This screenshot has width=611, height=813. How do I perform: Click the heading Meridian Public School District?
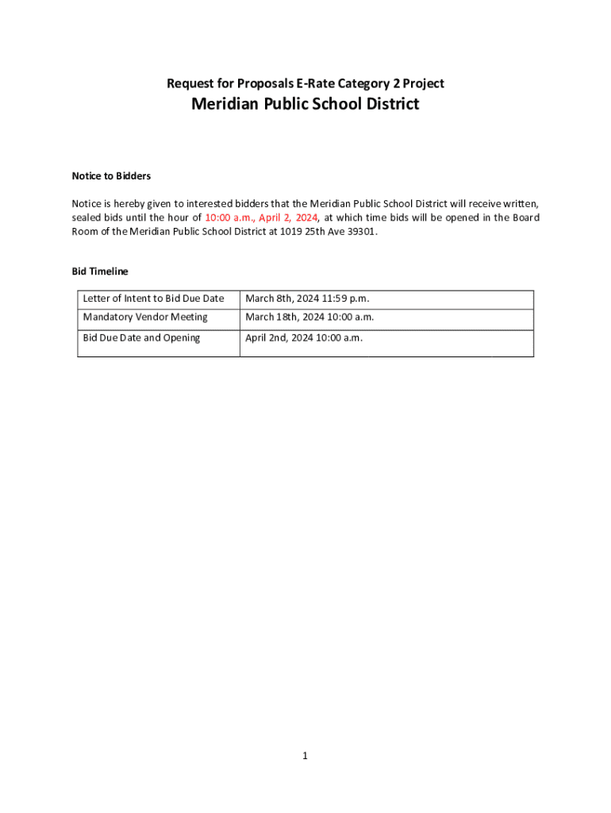[305, 104]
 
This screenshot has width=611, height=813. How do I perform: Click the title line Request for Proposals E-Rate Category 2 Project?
[305, 83]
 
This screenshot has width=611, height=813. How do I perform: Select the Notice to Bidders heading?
[111, 175]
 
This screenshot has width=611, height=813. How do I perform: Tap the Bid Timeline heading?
[100, 272]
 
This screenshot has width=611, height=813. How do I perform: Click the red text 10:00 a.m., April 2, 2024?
[261, 218]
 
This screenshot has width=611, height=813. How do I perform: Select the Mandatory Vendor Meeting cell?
[145, 317]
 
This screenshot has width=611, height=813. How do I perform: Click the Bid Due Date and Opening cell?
[141, 337]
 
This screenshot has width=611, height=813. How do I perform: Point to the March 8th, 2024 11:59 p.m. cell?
[307, 299]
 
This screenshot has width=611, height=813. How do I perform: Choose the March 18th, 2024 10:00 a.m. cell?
[309, 317]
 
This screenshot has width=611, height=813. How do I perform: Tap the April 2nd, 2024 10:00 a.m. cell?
[304, 337]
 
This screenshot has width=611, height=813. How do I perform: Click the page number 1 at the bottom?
[305, 757]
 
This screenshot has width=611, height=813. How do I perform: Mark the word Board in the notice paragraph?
[525, 218]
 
